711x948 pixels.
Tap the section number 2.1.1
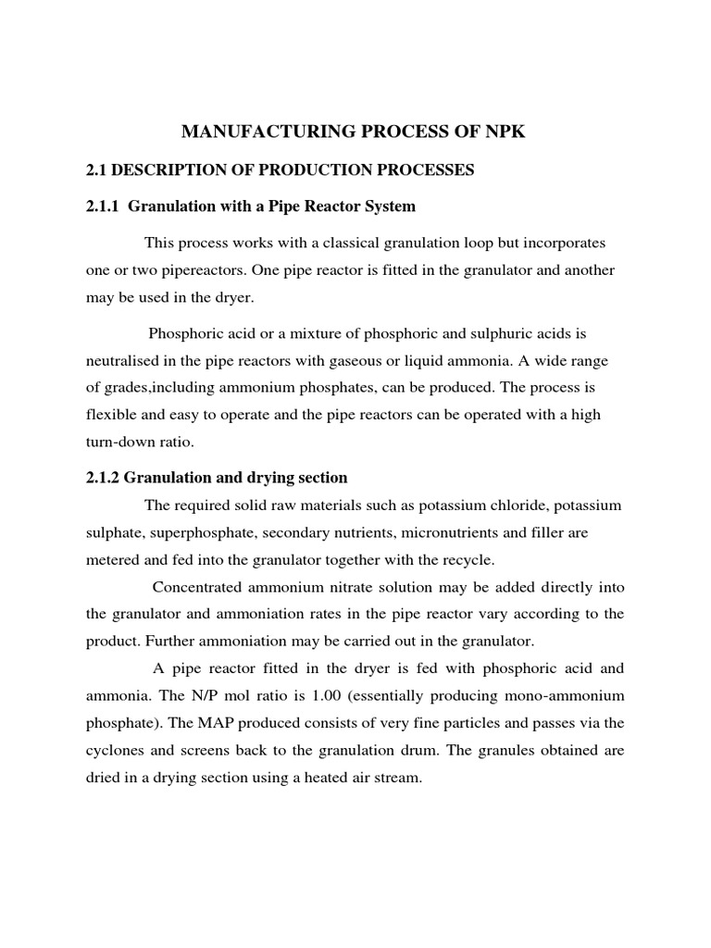point(103,206)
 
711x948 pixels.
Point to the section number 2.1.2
point(103,478)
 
